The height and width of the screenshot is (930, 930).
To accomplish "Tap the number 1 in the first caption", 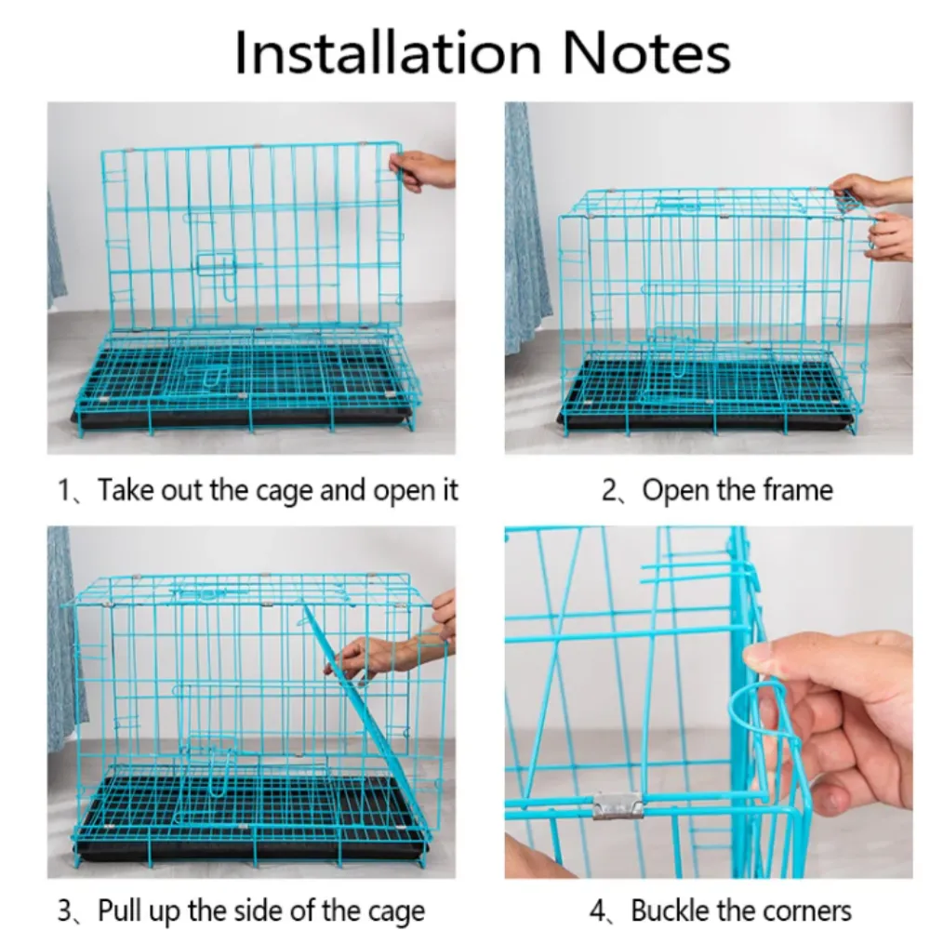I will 64,490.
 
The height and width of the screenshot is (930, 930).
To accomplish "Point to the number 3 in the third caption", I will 65,910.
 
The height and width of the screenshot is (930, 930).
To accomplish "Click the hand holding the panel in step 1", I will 423,170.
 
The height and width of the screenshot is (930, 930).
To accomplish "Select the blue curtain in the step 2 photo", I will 526,232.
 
